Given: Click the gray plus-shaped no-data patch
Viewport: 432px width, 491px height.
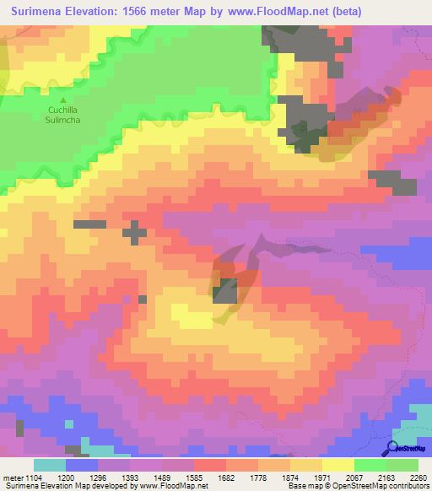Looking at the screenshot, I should [134, 231].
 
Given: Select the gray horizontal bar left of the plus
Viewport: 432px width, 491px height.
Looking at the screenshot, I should [89, 224].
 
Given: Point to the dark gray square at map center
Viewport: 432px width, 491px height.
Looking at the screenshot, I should [224, 293].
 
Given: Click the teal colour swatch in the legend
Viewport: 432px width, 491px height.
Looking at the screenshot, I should [50, 465].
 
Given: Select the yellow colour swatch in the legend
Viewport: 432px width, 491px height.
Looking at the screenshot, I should [338, 465].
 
